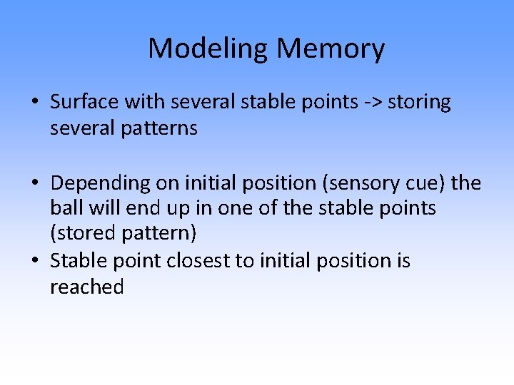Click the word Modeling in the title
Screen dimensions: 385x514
coord(208,49)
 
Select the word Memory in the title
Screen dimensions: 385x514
coord(331,49)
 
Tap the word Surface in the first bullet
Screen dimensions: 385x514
coord(85,102)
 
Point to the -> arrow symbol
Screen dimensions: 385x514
coord(371,103)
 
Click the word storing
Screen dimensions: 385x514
coord(420,103)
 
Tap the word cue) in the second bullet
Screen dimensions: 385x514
coord(428,183)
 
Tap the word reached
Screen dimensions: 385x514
coord(86,287)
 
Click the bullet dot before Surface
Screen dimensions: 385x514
coord(35,103)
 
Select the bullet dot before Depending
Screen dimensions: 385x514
coord(35,184)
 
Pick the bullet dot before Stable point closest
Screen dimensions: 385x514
coord(35,261)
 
